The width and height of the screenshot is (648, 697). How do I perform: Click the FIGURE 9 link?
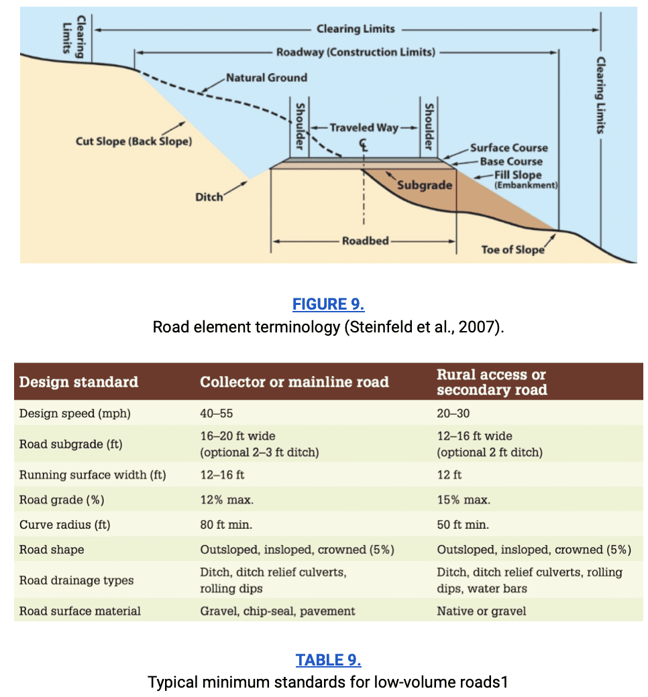(x=328, y=304)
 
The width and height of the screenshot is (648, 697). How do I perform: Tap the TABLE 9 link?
(x=328, y=660)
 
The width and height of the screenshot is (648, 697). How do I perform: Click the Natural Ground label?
(x=266, y=78)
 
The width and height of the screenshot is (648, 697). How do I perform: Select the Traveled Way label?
(x=364, y=127)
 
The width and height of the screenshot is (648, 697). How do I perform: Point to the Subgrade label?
(x=425, y=185)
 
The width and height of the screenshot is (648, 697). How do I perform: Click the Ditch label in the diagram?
(x=209, y=197)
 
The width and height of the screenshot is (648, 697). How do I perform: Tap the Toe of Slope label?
(x=512, y=250)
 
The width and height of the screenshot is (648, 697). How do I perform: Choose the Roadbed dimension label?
(x=366, y=241)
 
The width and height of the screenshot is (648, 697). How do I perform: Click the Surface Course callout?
(x=509, y=147)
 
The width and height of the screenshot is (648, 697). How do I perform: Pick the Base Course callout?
(x=511, y=162)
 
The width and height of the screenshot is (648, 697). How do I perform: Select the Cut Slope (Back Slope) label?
(x=134, y=141)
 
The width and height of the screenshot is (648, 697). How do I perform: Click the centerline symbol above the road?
(x=364, y=145)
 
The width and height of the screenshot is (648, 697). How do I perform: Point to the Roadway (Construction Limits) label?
(x=356, y=52)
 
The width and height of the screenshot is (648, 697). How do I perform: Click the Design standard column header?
(x=78, y=382)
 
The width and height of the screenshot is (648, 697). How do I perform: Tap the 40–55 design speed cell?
(x=216, y=414)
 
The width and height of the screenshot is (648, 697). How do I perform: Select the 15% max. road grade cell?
(x=464, y=500)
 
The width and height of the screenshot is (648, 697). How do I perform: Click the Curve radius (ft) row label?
(x=64, y=525)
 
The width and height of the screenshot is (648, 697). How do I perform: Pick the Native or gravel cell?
(x=481, y=611)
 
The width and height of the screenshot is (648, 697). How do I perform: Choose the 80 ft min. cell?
(x=226, y=525)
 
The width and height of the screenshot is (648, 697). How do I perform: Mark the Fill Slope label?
(x=518, y=175)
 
